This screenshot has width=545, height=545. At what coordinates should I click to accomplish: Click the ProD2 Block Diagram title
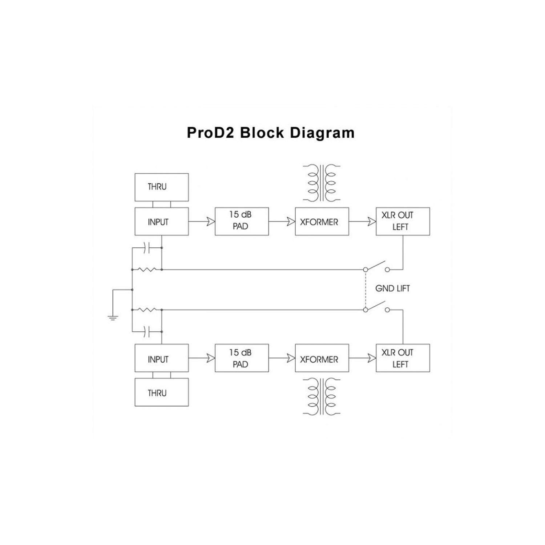tap(271, 133)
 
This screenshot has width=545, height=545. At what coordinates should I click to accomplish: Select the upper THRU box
tap(161, 187)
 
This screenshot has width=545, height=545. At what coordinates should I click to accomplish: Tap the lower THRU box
tap(161, 392)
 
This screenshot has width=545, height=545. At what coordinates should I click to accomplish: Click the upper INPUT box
tap(161, 221)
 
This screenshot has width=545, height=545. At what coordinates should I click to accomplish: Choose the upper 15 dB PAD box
tap(242, 221)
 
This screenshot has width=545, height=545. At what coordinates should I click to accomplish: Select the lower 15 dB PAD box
tap(242, 358)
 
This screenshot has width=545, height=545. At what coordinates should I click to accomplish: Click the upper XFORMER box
tap(322, 221)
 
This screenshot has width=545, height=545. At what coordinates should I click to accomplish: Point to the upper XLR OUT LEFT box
tap(403, 221)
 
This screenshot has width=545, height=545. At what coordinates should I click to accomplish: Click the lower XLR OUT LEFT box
tap(403, 358)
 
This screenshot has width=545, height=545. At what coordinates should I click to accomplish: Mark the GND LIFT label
tap(392, 288)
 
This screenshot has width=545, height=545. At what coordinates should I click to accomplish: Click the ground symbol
tap(113, 318)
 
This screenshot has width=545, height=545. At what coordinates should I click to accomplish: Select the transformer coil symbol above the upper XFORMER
tap(322, 183)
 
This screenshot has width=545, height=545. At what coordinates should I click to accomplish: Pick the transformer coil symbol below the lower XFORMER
tap(322, 396)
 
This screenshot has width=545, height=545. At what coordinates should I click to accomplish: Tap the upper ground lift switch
tap(376, 266)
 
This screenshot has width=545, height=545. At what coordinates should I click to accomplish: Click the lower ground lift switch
tap(376, 307)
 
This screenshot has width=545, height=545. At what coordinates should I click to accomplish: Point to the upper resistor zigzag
tap(147, 270)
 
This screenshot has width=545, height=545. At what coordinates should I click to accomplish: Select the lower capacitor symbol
tap(147, 331)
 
